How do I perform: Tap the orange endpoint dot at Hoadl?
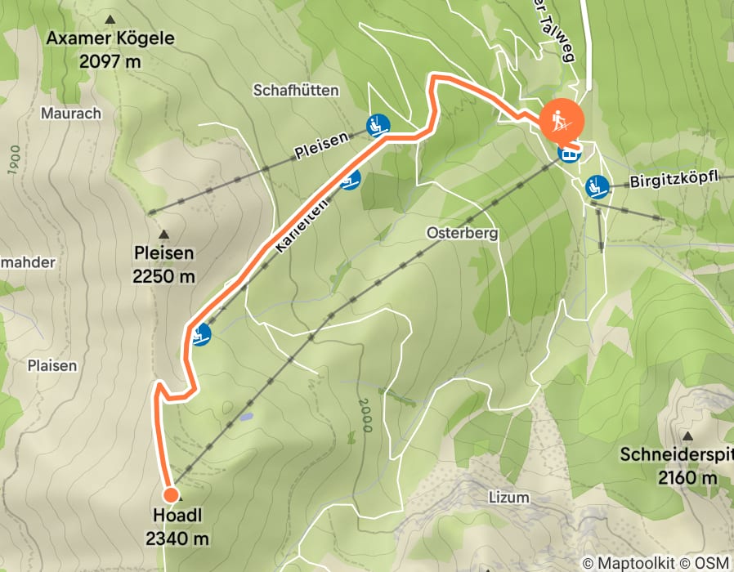(171, 494)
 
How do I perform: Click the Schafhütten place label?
(296, 90)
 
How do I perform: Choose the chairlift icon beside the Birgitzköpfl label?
(597, 186)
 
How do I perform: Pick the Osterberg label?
(462, 233)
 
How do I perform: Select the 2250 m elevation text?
(163, 276)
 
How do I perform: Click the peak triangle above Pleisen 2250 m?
(163, 233)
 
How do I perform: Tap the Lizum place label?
(509, 497)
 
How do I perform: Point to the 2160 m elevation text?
(687, 477)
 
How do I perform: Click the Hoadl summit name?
(177, 516)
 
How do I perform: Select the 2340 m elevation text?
(177, 538)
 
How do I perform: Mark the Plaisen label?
(51, 365)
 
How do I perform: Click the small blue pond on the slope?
(245, 417)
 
